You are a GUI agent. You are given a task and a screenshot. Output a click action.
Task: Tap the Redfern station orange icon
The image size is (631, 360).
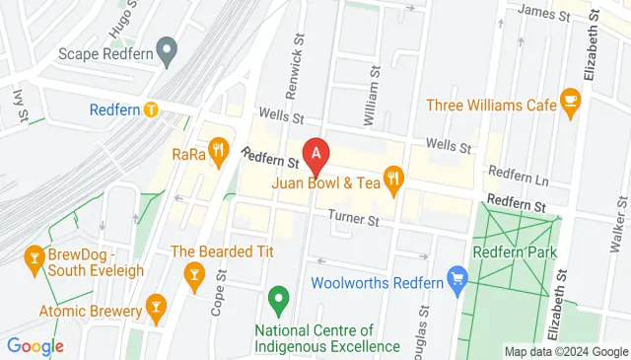[150, 109]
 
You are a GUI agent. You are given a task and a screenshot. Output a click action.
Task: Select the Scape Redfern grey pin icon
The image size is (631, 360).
[167, 48]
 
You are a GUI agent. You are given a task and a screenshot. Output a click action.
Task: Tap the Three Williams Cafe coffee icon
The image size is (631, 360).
[569, 100]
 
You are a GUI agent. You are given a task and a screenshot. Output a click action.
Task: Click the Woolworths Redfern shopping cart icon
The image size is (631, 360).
[456, 280]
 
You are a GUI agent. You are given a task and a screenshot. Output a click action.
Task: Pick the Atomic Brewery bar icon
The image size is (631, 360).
[154, 308]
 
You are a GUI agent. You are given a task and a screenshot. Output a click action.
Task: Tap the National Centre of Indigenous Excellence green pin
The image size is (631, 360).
[278, 296]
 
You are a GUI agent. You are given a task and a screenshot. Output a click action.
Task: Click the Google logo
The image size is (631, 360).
[35, 346]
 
